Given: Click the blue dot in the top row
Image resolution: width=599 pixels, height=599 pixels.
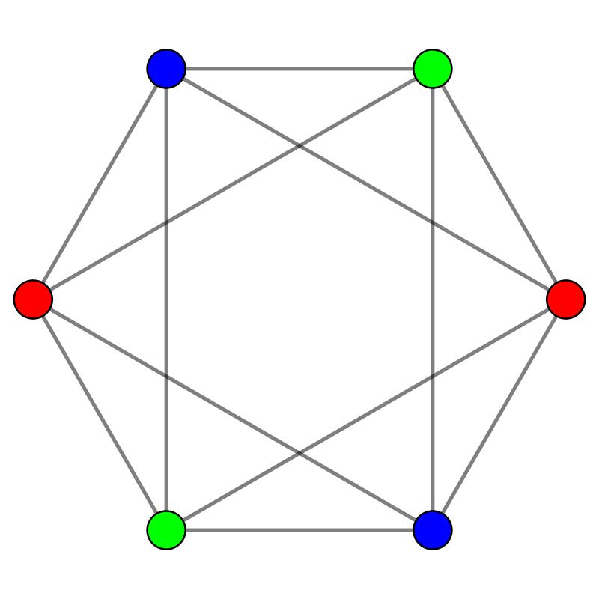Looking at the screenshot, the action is [166, 69].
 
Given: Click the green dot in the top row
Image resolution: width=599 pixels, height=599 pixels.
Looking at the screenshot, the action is [433, 69].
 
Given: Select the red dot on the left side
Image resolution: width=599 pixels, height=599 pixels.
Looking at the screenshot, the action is [33, 299].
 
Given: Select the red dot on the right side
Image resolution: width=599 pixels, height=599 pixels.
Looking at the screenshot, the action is [566, 299].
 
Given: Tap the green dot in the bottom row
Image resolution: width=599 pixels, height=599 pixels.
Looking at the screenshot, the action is [166, 530].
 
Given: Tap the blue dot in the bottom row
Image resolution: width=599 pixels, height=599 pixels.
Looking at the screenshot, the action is [433, 530].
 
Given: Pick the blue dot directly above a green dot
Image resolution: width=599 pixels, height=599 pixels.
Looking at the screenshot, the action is [166, 69].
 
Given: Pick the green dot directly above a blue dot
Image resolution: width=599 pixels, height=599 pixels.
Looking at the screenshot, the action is [433, 69].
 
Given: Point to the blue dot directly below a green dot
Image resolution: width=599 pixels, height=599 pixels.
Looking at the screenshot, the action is [433, 530].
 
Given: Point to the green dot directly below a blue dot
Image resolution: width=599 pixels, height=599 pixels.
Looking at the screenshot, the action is [166, 530].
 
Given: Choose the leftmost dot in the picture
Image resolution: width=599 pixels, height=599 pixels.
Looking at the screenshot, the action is [33, 299].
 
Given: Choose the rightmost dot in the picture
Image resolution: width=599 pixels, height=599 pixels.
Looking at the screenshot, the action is [566, 299].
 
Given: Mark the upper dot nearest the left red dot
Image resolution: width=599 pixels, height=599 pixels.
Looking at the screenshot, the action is [166, 69].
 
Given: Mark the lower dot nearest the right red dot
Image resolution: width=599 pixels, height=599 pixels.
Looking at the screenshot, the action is [433, 530].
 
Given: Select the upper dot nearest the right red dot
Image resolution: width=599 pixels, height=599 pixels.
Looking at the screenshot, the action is [433, 69].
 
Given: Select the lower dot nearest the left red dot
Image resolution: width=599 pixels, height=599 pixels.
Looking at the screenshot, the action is [166, 530].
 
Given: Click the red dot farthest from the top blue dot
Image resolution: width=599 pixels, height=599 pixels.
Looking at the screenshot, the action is [566, 299].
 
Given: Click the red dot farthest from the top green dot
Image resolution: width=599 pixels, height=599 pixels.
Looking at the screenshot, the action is [33, 299].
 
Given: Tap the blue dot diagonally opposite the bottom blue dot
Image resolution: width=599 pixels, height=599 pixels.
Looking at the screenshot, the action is [166, 69].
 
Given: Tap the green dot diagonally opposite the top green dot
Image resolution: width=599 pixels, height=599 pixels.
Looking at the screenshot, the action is [166, 530].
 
